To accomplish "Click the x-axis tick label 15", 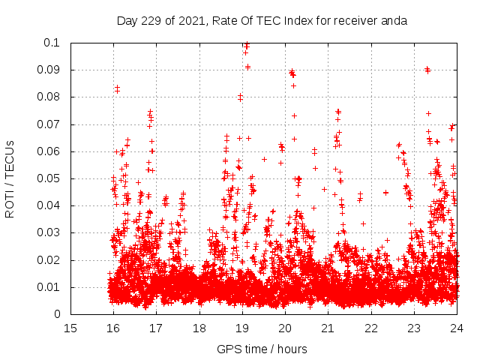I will pos(70,328).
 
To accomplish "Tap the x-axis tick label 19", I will pos(242,328).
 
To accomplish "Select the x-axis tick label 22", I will pos(370,328).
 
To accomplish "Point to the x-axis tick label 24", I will pos(456,328).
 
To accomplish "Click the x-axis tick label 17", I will pos(156,328).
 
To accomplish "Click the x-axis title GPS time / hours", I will pos(262,349).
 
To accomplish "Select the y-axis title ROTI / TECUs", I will pos(10,178).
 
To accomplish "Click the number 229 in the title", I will pos(152,20).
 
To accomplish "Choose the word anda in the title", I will pos(394,20).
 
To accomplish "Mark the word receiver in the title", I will pos(356,20).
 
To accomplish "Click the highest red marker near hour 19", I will pos(246,45).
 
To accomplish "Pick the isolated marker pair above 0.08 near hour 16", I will pos(117,89).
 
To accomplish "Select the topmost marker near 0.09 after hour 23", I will pos(427,69).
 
